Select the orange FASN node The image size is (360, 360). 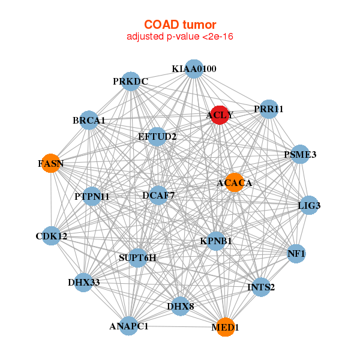coord(51,163)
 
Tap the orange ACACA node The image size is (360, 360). coord(233,182)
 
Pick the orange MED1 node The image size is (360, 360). coord(226,327)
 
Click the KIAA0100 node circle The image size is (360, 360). coord(193,69)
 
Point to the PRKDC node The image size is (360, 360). coord(130,81)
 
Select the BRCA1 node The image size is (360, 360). coord(89,121)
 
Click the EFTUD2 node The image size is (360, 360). coord(157,137)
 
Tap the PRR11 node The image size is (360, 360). coord(268,109)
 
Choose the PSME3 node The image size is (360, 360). coord(300,155)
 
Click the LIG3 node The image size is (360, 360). coord(309,206)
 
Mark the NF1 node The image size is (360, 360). coord(296,254)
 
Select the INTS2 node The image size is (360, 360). coord(261,287)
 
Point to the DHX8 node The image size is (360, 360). coord(181,307)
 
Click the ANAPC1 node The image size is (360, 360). coord(129,326)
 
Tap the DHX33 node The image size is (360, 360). coord(83,282)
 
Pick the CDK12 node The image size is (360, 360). coord(51,236)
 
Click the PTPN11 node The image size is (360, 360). coord(92,196)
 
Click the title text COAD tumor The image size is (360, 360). coord(180,25)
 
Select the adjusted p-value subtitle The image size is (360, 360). coord(180,37)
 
